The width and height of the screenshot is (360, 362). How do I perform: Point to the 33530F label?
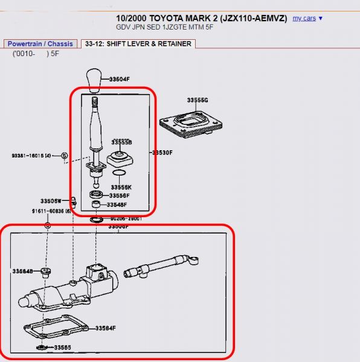(163, 153)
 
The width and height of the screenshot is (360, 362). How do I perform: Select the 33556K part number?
(121, 187)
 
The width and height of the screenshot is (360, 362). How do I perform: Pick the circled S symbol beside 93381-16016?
(64, 156)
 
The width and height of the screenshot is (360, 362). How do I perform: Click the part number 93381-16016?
(31, 156)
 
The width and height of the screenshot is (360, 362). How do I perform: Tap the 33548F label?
(118, 205)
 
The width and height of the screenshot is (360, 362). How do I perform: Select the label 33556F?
(120, 195)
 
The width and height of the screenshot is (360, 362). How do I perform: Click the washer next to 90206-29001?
(95, 219)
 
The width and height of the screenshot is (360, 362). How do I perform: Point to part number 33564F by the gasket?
(106, 328)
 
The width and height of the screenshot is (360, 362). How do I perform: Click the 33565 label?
(62, 348)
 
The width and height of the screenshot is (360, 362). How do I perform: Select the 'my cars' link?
(304, 18)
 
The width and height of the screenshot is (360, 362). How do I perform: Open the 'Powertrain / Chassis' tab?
(40, 44)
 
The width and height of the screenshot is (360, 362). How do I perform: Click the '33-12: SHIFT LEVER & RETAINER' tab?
(138, 44)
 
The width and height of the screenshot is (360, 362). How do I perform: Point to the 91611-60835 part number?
(51, 211)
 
